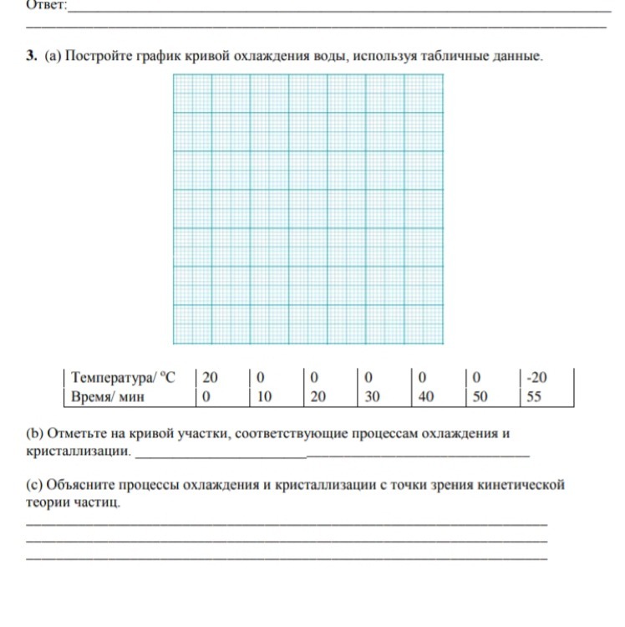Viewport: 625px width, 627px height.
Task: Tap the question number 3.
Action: click(x=31, y=58)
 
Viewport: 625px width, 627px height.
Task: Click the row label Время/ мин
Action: click(x=109, y=396)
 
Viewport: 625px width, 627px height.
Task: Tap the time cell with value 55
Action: click(x=534, y=396)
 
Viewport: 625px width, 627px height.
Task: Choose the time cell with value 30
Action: click(x=372, y=396)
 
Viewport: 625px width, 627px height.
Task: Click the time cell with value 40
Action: click(x=425, y=396)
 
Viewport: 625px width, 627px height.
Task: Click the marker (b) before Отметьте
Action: click(x=35, y=434)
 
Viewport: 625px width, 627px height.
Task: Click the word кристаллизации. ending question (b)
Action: click(x=79, y=451)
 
